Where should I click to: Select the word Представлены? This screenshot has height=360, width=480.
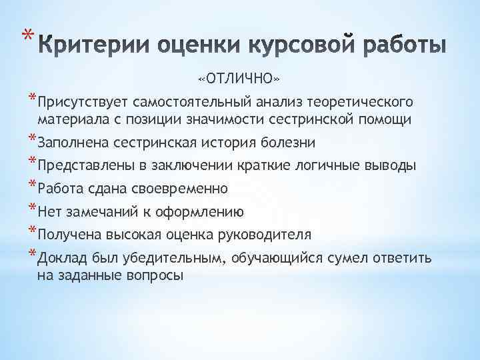[81, 165]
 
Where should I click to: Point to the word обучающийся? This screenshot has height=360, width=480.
[279, 259]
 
